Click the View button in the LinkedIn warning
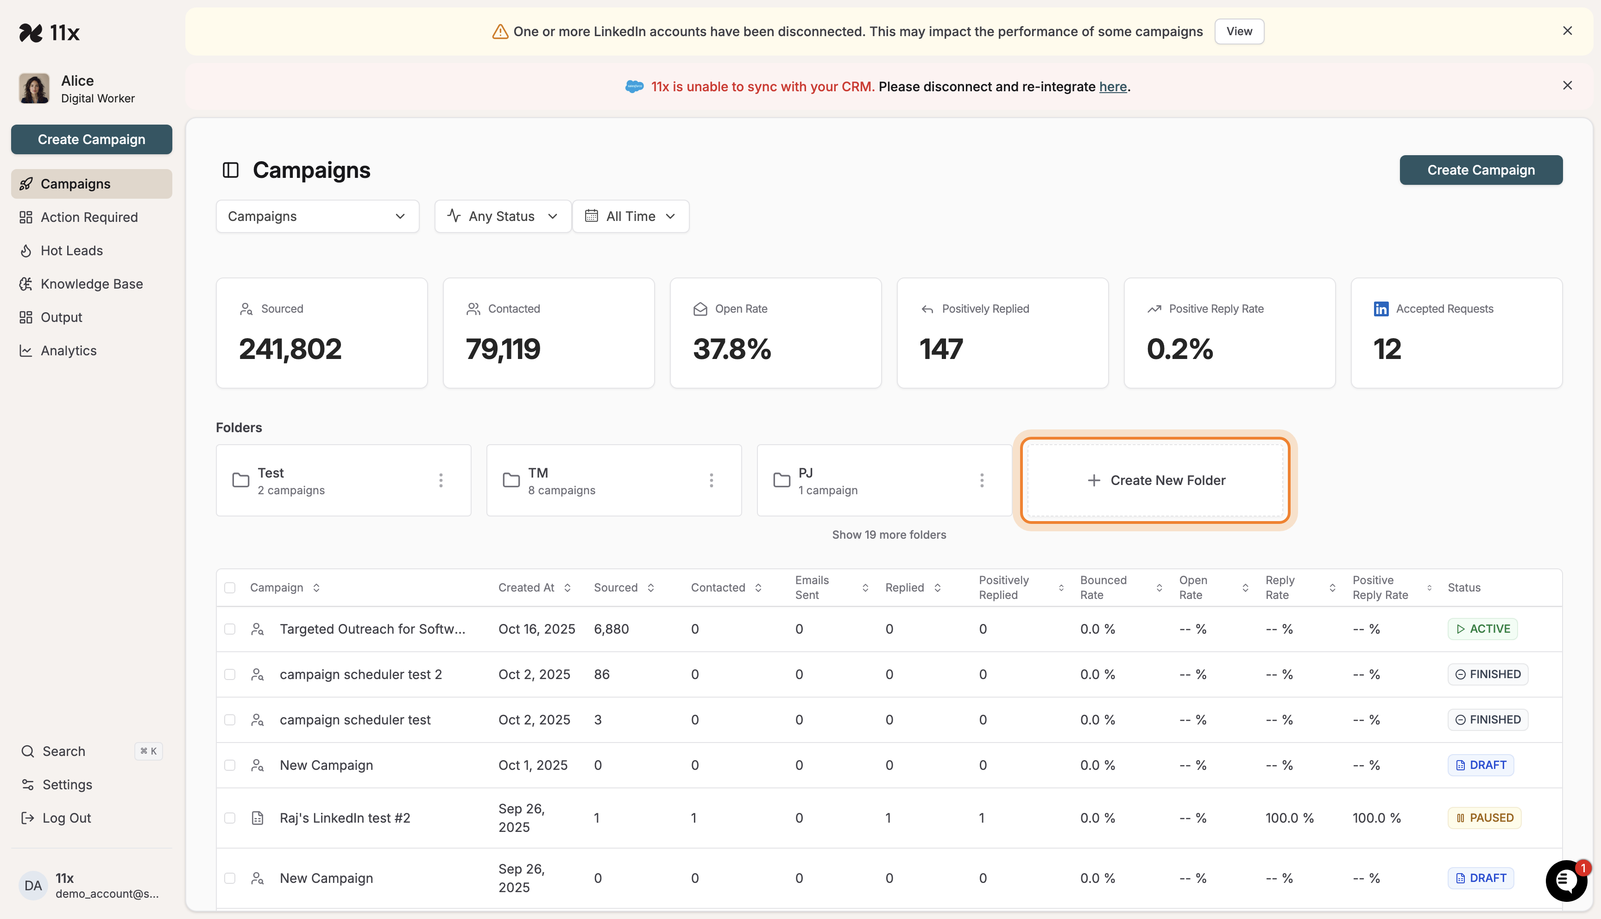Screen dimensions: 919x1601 point(1239,31)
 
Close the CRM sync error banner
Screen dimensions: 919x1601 point(1567,86)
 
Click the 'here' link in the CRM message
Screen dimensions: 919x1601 point(1113,87)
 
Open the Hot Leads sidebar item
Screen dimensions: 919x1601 point(71,251)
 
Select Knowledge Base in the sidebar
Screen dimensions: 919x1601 point(92,284)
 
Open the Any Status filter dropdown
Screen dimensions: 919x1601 point(502,216)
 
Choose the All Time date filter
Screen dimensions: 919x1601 point(630,216)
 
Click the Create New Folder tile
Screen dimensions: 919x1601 point(1155,480)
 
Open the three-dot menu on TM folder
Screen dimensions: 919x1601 point(711,480)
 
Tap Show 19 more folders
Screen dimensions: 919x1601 point(889,535)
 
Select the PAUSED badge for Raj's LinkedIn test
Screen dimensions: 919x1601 point(1484,818)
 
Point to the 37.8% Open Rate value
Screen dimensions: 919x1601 point(732,349)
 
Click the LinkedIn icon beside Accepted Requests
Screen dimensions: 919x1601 point(1381,308)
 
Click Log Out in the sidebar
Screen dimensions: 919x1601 point(66,818)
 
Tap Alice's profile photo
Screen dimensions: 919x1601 point(34,88)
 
